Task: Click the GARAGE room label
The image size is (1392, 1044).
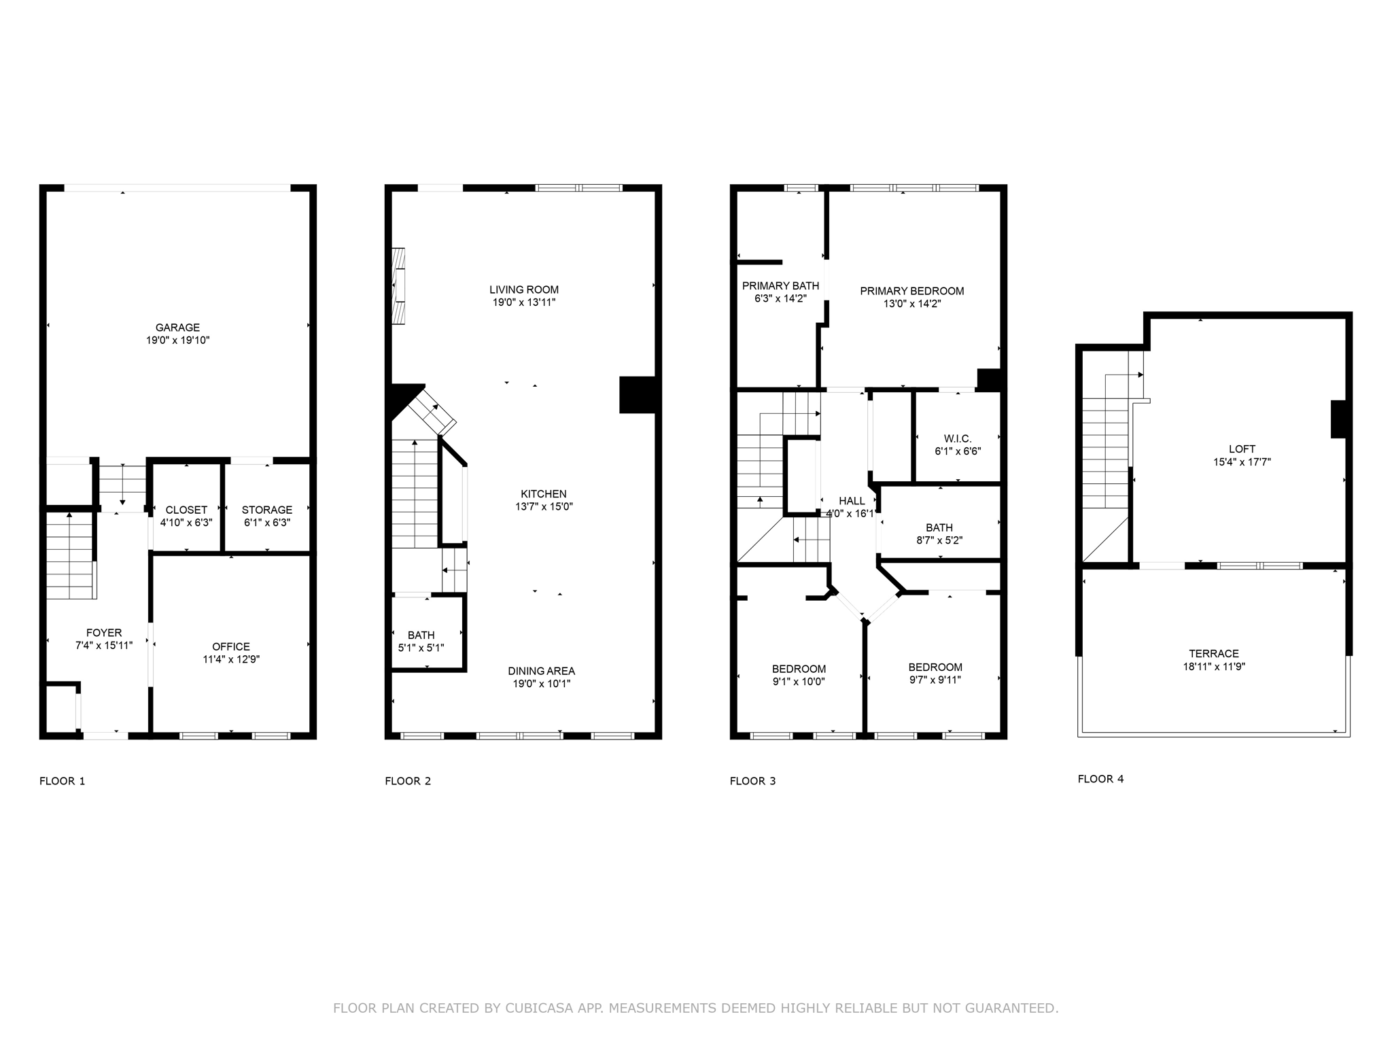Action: [177, 328]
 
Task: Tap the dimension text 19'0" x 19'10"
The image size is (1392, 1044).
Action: [177, 341]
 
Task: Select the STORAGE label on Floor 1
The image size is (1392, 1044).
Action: [267, 510]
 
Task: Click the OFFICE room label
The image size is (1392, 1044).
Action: [231, 646]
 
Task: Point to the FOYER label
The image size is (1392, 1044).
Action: [104, 633]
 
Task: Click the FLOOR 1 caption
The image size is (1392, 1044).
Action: [63, 781]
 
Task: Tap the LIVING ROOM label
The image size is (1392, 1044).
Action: [524, 290]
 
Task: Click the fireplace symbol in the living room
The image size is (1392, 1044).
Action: [399, 285]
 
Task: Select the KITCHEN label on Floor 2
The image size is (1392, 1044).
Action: [544, 494]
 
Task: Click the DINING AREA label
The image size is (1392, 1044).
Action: [542, 671]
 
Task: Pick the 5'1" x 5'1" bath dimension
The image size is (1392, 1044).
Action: [421, 648]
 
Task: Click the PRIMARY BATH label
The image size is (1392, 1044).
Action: [780, 285]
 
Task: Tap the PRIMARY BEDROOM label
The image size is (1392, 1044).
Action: [911, 291]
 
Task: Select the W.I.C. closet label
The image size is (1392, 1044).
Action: [958, 438]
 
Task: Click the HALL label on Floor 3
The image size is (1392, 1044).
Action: [852, 501]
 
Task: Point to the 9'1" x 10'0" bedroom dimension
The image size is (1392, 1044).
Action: [799, 682]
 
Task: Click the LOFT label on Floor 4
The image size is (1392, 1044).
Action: [1242, 449]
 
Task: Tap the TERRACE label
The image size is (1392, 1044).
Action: [1214, 654]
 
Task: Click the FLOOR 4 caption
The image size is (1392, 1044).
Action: [1100, 779]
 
